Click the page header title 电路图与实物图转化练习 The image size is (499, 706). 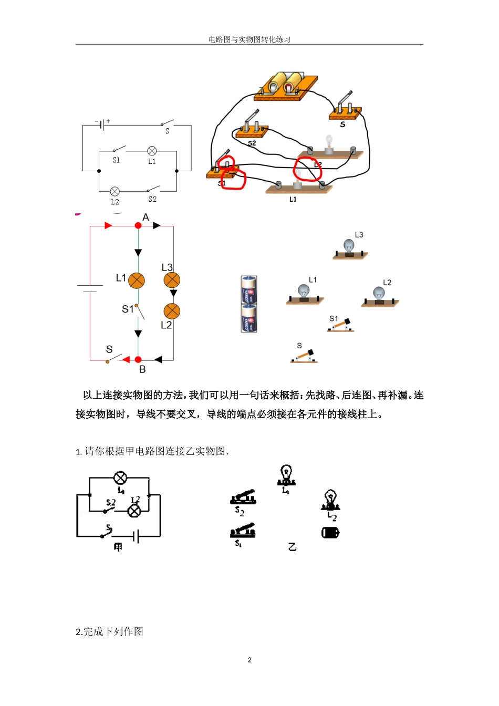[x=250, y=39]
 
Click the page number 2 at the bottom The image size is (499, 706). [x=250, y=660]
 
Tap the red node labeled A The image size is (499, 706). [x=138, y=225]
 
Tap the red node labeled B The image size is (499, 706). [x=138, y=360]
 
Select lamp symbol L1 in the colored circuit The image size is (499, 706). [x=137, y=281]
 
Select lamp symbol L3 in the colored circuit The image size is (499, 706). [x=172, y=280]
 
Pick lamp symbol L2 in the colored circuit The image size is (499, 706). [x=172, y=311]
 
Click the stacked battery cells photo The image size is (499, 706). [x=249, y=304]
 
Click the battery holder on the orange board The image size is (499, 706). [x=286, y=86]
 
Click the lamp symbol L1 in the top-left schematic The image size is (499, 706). [x=152, y=151]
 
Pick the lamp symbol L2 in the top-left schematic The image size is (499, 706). [x=115, y=191]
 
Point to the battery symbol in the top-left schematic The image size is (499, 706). [x=103, y=125]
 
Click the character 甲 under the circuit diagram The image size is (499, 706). [x=118, y=547]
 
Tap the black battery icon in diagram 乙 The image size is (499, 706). [x=330, y=533]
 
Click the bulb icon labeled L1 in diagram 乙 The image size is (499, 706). [x=286, y=475]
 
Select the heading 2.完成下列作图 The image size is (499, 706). [x=109, y=631]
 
